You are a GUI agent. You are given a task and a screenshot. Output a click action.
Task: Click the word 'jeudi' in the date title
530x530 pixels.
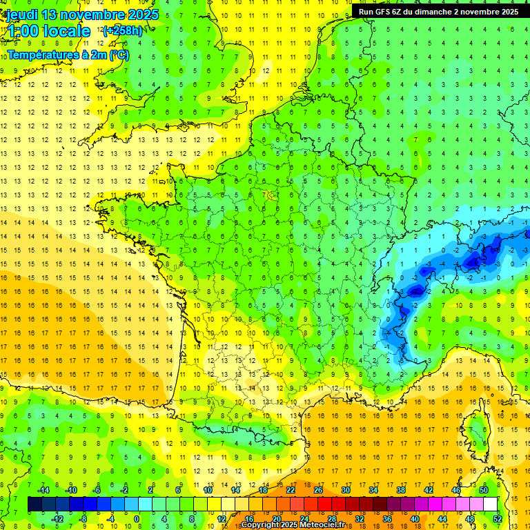pos(21,14)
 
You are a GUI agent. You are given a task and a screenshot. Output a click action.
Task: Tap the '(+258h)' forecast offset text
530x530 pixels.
pos(123,30)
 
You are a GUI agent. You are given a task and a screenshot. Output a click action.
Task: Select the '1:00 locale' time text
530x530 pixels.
pos(48,31)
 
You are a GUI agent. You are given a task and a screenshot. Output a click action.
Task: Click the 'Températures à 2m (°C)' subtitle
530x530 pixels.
pos(68,55)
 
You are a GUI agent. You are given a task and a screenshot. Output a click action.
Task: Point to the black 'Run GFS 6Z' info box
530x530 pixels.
pos(438,12)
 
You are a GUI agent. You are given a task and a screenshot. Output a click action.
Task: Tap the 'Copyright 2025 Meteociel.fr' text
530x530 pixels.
pos(293,525)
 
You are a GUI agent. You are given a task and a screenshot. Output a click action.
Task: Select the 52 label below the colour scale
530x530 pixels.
pos(497,519)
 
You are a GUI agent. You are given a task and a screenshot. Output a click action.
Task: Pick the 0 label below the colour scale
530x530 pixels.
pos(137,519)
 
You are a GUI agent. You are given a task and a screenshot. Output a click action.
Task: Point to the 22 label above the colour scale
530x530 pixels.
pos(291,490)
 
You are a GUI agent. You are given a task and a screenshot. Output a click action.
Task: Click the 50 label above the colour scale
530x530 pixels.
pos(484,490)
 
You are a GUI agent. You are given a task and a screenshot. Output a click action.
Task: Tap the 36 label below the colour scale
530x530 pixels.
pos(386,519)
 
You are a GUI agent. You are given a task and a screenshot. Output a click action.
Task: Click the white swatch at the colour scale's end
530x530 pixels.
pos(490,504)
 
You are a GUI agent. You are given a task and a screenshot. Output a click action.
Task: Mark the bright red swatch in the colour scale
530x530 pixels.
pos(324,504)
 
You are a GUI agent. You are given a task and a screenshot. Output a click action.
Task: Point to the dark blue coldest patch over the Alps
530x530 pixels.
pos(475,261)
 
